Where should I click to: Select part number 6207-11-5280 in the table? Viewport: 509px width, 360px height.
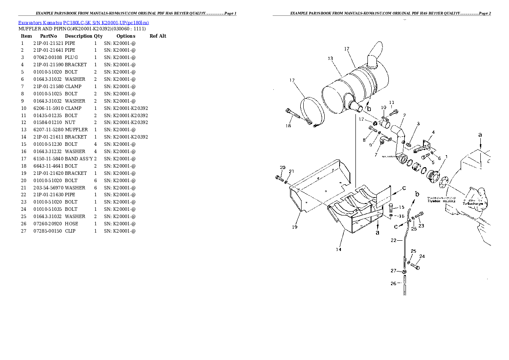48,130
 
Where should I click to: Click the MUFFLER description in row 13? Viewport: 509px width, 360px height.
76,130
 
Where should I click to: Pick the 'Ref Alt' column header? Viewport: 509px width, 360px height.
158,36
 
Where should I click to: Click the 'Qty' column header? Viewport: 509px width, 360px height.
98,36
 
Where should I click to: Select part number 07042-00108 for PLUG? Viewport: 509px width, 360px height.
48,57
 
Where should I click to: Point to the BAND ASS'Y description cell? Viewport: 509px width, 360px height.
79,159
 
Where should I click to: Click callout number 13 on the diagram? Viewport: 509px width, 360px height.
330,59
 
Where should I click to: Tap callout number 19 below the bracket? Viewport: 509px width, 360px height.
294,227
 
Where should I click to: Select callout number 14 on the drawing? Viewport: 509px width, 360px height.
338,249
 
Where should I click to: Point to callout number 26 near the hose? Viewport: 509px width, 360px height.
394,283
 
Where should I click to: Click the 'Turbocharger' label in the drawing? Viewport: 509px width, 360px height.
472,203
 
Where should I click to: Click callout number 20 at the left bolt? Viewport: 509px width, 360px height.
282,167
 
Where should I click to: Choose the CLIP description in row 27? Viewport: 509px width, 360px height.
70,231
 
